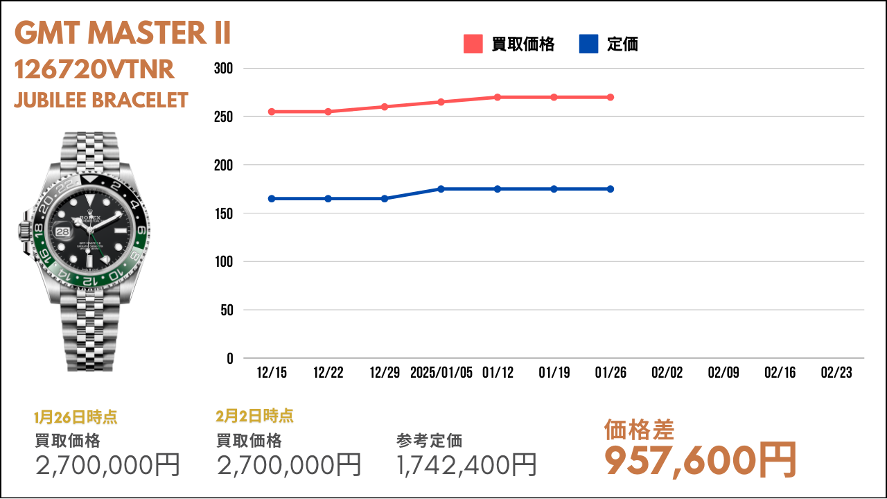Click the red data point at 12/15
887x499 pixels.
pos(272,112)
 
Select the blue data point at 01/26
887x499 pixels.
pos(611,189)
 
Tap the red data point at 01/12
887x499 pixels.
pos(498,97)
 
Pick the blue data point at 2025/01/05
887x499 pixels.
pos(441,189)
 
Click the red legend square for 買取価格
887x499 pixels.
pos(473,44)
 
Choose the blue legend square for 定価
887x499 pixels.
pos(588,44)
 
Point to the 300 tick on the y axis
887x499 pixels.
pos(223,69)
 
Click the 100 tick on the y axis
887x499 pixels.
pos(224,262)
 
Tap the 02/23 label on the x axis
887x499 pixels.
pos(836,373)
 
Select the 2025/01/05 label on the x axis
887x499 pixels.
pos(441,373)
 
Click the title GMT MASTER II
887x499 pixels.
pos(123,33)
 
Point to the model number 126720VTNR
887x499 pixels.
pos(94,70)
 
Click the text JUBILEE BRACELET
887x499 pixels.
pos(101,100)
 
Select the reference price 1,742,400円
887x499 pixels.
pos(466,465)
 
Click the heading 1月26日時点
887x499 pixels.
pos(76,417)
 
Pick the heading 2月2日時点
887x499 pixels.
pos(254,416)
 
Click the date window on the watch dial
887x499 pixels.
pos(63,231)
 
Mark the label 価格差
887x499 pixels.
pos(639,430)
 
